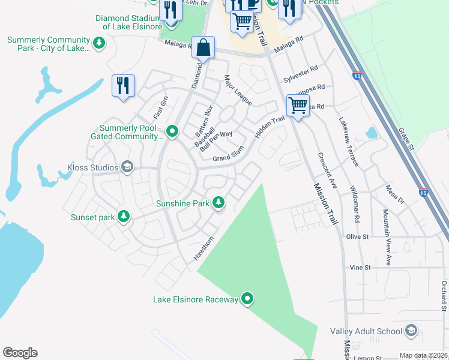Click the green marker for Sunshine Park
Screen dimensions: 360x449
219,203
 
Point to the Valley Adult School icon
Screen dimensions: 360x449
411,331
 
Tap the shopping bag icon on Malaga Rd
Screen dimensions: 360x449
203,48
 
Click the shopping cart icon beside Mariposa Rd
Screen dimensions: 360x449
298,106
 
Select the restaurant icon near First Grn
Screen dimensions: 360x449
123,85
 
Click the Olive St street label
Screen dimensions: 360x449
358,237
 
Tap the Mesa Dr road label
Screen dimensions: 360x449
394,194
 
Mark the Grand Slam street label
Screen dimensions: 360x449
228,159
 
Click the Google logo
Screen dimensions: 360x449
20,353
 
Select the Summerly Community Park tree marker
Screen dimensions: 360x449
99,43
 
